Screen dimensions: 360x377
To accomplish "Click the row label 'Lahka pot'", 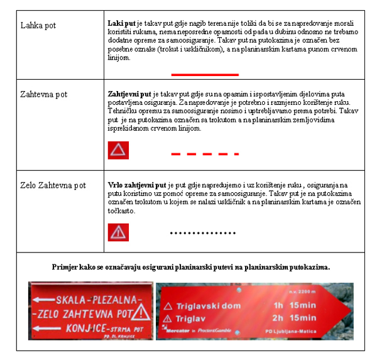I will click(x=38, y=26).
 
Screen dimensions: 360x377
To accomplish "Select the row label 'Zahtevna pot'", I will click(x=44, y=94).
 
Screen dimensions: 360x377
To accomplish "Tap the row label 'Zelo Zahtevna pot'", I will click(x=53, y=186).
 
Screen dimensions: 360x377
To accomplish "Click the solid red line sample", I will click(x=205, y=74).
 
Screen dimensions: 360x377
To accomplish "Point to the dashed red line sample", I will click(x=205, y=153).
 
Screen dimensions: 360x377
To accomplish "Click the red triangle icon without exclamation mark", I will click(x=118, y=150).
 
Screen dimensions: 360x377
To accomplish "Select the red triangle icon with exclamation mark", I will click(x=118, y=232).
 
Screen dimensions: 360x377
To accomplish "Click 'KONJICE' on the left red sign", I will click(x=77, y=328).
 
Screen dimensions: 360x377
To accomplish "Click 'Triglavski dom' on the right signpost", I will click(x=201, y=306).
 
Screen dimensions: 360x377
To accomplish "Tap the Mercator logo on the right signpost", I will click(x=178, y=330).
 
